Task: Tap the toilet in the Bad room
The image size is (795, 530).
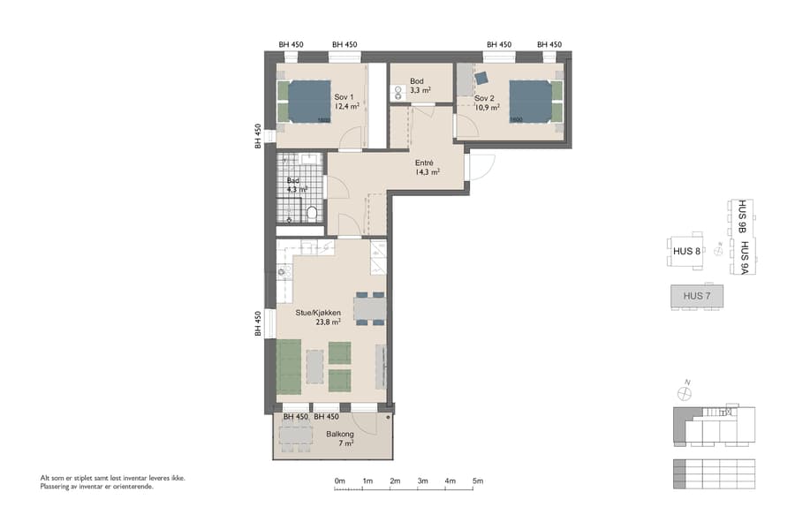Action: [x=311, y=213]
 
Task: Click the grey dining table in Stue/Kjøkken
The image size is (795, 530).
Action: [x=370, y=307]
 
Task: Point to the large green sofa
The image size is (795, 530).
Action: [x=289, y=367]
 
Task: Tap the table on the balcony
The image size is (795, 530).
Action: [x=296, y=435]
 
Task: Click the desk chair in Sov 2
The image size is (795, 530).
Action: [x=481, y=78]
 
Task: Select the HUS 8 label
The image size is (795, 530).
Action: [x=685, y=252]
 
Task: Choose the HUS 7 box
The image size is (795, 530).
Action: [x=696, y=296]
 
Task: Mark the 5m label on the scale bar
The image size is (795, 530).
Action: [x=478, y=481]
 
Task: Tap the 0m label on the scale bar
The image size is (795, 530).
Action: [x=340, y=481]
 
